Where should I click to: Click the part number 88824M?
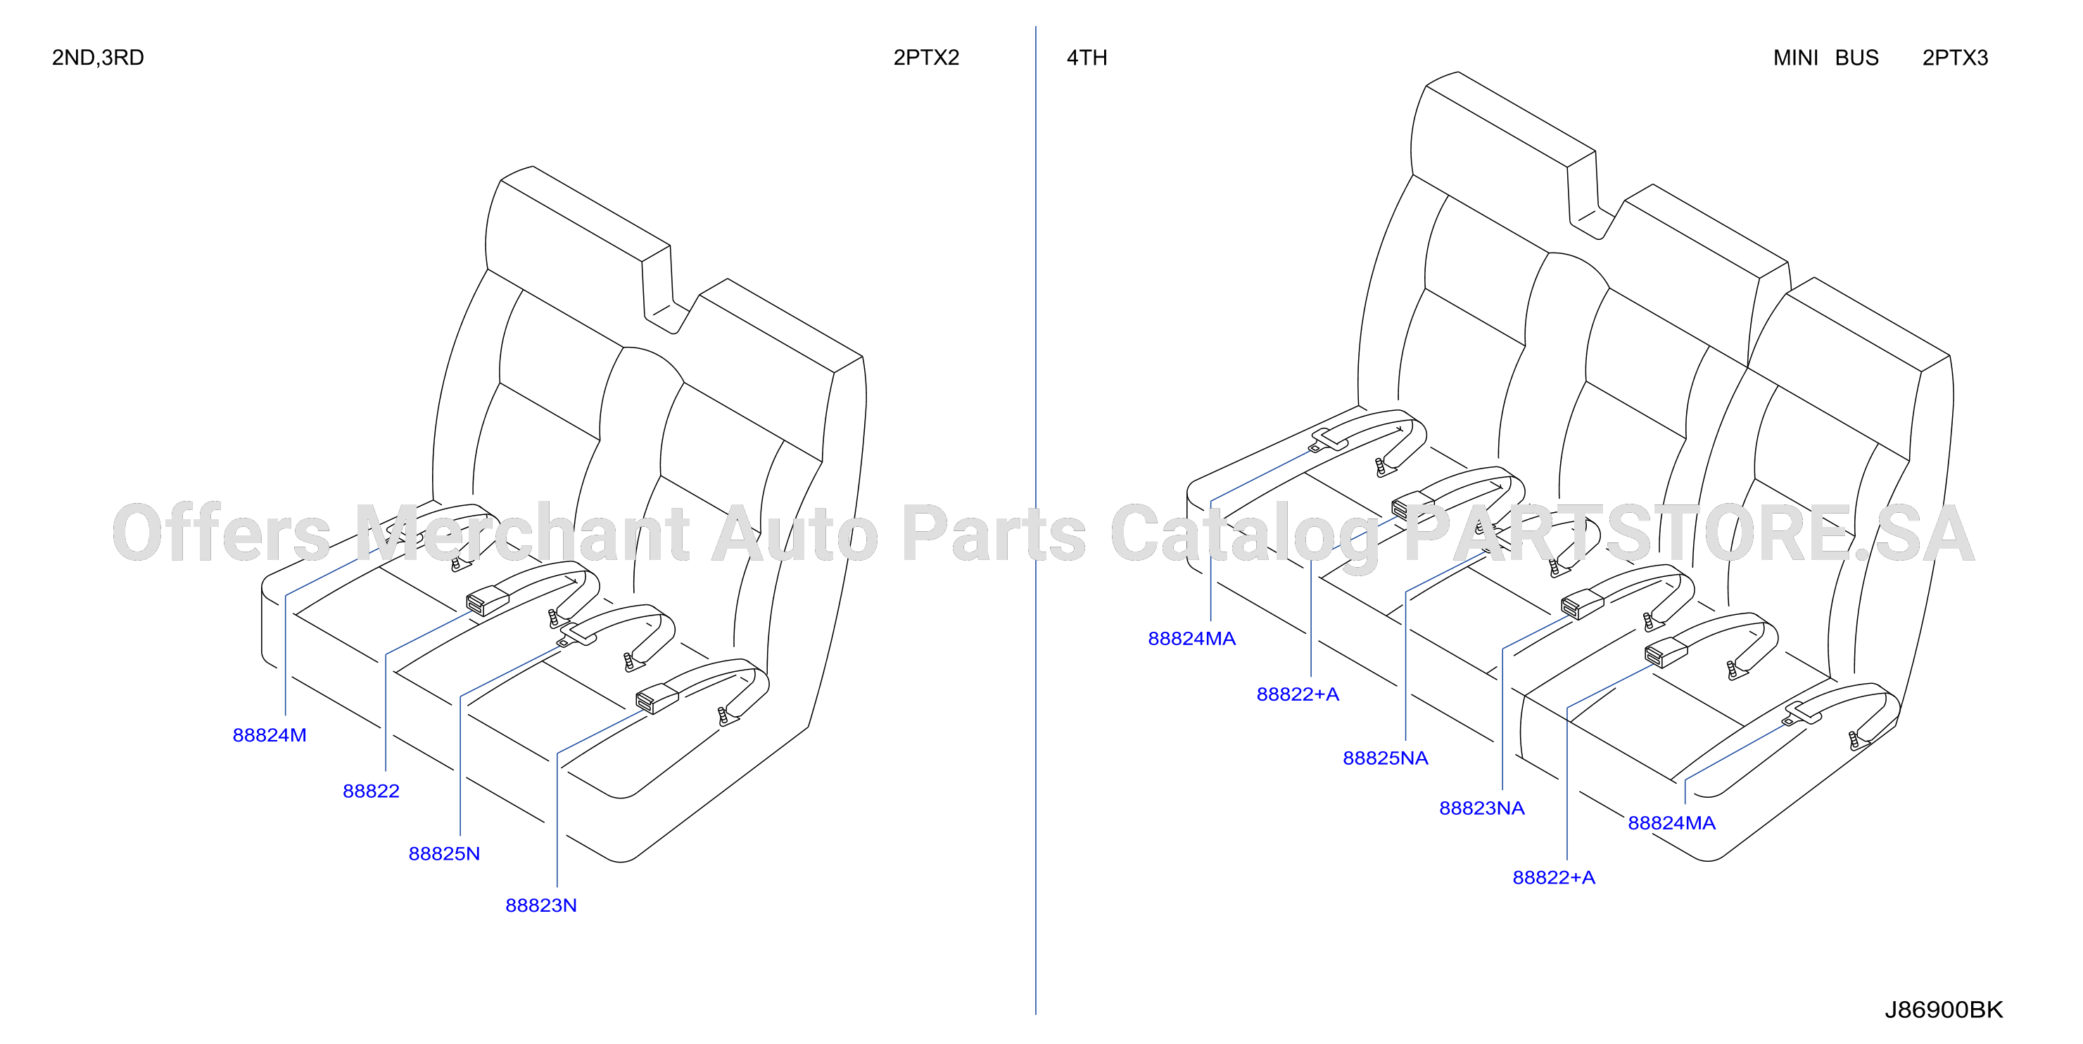pyautogui.click(x=270, y=735)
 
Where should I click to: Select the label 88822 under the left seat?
pyautogui.click(x=371, y=791)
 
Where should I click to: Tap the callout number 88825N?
pyautogui.click(x=444, y=853)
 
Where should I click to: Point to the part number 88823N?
pyautogui.click(x=541, y=905)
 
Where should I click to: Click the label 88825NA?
pyautogui.click(x=1385, y=758)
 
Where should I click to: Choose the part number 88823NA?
pyautogui.click(x=1481, y=808)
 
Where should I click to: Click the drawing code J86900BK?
pyautogui.click(x=1943, y=1010)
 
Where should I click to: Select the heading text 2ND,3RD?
pyautogui.click(x=98, y=58)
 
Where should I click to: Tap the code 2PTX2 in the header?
pyautogui.click(x=926, y=58)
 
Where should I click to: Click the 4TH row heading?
pyautogui.click(x=1087, y=58)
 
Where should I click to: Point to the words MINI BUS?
pyautogui.click(x=1826, y=58)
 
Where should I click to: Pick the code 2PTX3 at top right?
pyautogui.click(x=1954, y=58)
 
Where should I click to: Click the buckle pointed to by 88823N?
pyautogui.click(x=657, y=698)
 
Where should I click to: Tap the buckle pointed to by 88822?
pyautogui.click(x=488, y=601)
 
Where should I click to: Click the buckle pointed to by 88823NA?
pyautogui.click(x=1582, y=604)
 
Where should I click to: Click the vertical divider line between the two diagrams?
pyautogui.click(x=1036, y=520)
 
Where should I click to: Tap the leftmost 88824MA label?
pyautogui.click(x=1191, y=638)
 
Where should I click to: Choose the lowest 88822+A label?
pyautogui.click(x=1553, y=877)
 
